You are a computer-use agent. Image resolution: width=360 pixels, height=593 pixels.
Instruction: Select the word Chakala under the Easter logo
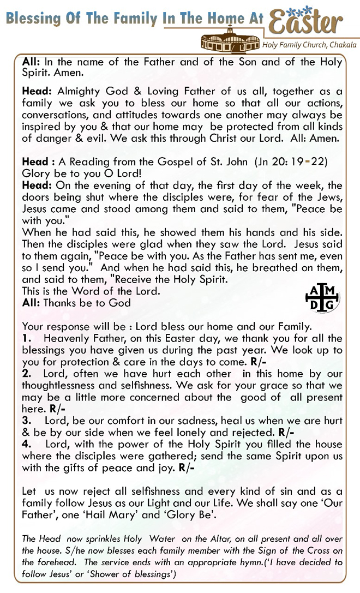[343, 44]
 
